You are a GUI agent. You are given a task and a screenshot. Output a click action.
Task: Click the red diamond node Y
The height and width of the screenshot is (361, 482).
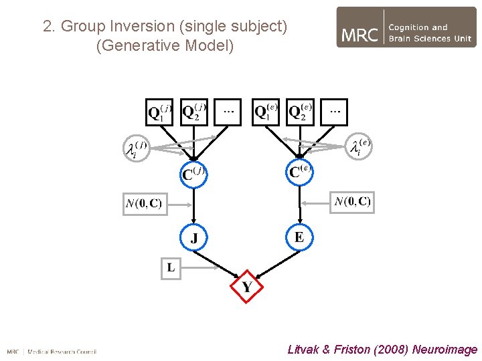246,287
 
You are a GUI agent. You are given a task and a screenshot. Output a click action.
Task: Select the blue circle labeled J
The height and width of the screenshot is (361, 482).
194,237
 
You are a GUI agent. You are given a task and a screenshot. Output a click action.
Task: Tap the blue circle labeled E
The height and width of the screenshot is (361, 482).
299,237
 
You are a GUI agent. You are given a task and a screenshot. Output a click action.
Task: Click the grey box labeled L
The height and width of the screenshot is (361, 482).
171,267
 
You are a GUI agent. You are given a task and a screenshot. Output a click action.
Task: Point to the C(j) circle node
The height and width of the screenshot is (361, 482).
194,174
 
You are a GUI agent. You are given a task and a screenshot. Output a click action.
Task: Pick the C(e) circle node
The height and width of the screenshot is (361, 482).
299,172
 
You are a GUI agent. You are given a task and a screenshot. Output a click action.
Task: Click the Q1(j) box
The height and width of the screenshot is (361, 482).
160,112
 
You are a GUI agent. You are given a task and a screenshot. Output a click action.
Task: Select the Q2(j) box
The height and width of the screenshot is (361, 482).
194,112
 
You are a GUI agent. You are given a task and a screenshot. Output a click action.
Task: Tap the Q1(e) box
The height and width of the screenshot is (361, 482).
266,112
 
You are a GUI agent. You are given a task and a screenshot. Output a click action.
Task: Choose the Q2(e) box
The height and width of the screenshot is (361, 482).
300,112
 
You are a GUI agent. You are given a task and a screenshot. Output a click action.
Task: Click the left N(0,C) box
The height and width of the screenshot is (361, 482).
143,203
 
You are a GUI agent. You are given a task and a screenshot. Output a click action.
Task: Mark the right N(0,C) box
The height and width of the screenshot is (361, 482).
352,201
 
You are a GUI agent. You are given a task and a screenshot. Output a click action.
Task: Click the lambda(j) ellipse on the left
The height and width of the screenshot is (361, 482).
135,148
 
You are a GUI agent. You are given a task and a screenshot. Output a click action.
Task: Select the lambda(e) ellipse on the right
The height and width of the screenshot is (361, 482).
359,147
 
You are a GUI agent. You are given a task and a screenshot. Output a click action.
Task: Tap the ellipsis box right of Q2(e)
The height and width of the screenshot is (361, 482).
334,112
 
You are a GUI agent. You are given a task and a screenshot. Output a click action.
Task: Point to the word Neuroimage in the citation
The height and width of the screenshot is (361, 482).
445,349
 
